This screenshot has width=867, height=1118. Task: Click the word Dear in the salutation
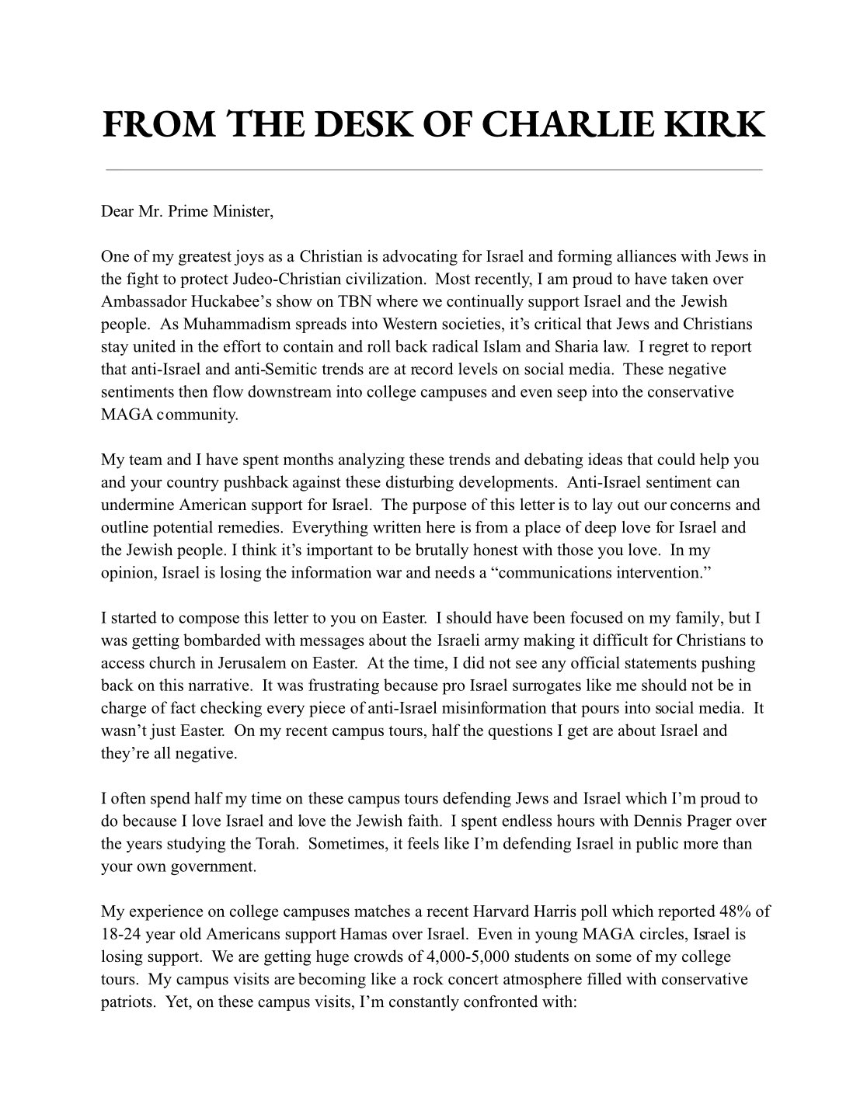click(x=117, y=212)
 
